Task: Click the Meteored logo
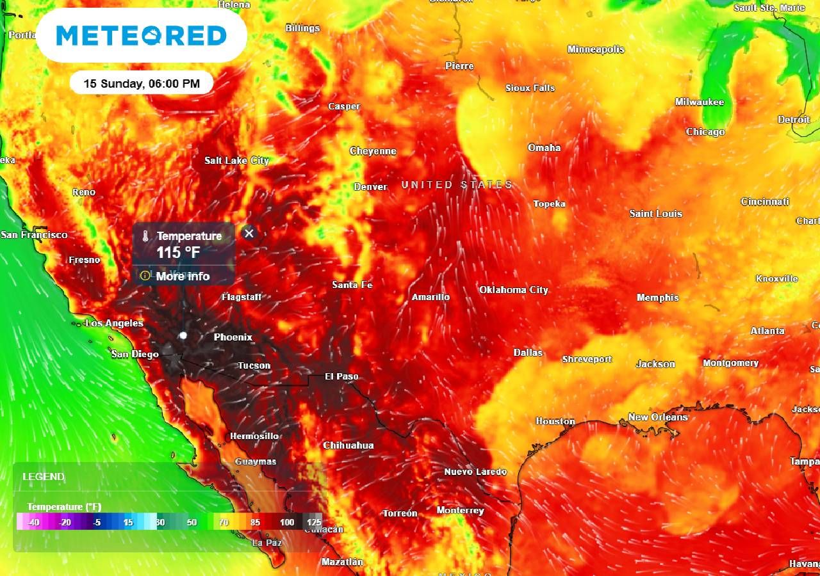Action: pos(142,35)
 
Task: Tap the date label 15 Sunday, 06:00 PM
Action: pos(141,83)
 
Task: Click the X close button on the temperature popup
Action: pos(249,233)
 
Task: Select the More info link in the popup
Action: pos(183,276)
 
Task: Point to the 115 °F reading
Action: pos(178,253)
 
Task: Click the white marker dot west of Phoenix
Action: pos(183,335)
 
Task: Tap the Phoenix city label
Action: pos(233,337)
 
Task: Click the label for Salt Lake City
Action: pos(236,161)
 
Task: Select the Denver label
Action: pos(370,187)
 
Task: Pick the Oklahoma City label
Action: pos(513,290)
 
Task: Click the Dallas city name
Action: pos(527,353)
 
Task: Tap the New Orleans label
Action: pos(657,417)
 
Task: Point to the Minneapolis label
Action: pos(595,49)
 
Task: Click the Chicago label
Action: pos(705,132)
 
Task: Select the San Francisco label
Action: pos(34,235)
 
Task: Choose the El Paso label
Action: pos(341,376)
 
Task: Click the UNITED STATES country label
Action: pos(457,185)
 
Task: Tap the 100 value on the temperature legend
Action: pos(287,522)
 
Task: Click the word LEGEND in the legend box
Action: pos(44,477)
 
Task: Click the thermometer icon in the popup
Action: pos(145,236)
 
